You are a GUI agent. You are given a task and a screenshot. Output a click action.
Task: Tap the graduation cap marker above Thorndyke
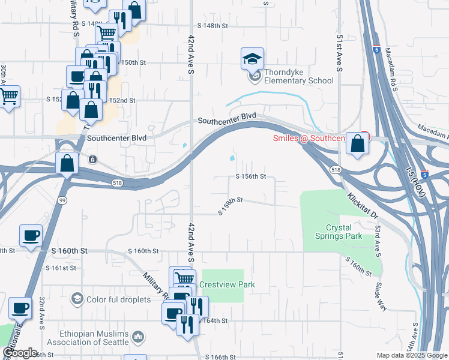(x=253, y=59)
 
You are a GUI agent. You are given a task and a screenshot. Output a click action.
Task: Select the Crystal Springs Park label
(x=339, y=232)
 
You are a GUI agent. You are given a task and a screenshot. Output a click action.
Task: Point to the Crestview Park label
(x=228, y=284)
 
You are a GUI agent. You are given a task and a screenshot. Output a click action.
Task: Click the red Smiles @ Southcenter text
(x=308, y=138)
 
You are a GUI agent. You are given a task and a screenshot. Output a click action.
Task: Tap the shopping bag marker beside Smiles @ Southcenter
(x=358, y=145)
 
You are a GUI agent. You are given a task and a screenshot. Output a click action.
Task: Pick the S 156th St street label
(x=250, y=176)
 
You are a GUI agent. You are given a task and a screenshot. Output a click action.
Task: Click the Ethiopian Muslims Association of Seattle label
(x=95, y=338)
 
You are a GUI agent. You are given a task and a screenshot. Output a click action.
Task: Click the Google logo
(x=20, y=352)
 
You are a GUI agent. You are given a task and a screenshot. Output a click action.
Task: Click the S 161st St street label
(x=61, y=268)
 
